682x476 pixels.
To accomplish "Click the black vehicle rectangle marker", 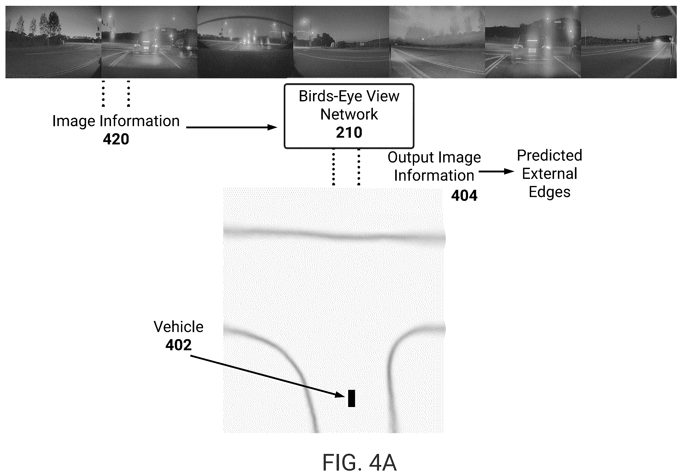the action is tap(351, 398).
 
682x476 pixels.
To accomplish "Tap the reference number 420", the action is tap(116, 139).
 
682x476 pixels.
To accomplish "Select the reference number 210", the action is tap(349, 132).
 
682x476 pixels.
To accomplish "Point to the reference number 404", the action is tap(464, 195).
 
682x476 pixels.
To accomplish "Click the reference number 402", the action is tap(178, 345).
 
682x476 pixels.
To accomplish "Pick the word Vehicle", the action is tap(178, 327).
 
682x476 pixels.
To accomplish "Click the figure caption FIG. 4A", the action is tap(359, 462).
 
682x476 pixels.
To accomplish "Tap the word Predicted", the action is tap(549, 155).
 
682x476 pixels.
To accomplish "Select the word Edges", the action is tap(549, 192).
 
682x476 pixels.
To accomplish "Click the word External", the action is tap(549, 173).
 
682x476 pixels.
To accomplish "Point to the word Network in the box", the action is tap(349, 114).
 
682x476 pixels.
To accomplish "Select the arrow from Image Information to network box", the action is tap(231, 127).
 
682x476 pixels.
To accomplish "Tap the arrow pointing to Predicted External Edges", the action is tap(496, 171).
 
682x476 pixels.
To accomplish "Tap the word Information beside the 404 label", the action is tap(434, 176).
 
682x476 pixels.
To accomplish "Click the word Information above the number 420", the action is tap(140, 121).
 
